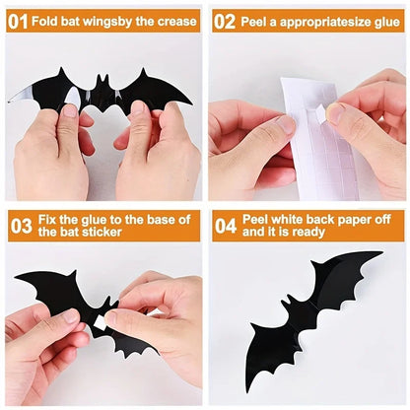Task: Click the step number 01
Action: tap(18, 21)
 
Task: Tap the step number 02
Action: tap(226, 21)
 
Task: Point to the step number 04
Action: tap(226, 226)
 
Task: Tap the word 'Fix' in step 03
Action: tap(49, 219)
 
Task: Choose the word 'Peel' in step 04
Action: tap(257, 219)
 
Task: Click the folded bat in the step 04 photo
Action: tap(306, 315)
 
